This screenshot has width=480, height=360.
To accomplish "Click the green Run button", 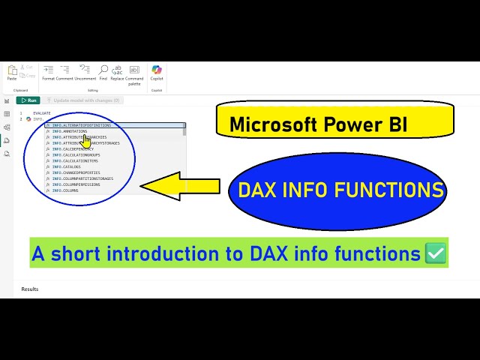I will click(28, 100).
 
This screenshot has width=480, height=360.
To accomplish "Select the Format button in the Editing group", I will click(48, 73).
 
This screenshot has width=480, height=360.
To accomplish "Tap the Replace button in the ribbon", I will click(118, 73).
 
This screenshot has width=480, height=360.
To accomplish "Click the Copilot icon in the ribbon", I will click(157, 72).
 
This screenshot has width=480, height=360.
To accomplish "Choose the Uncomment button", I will click(85, 73).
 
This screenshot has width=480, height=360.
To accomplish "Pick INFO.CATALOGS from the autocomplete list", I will click(67, 166).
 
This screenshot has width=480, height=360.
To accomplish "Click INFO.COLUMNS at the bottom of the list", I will click(65, 190).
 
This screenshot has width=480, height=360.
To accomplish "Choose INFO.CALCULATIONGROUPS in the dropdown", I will click(75, 154).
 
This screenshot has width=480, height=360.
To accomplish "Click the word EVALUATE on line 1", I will click(42, 113).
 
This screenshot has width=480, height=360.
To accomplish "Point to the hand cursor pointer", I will click(86, 140).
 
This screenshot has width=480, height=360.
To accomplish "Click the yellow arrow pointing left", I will click(180, 186).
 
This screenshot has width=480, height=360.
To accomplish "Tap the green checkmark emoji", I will click(435, 253).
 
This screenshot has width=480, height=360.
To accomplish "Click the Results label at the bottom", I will click(30, 289).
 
